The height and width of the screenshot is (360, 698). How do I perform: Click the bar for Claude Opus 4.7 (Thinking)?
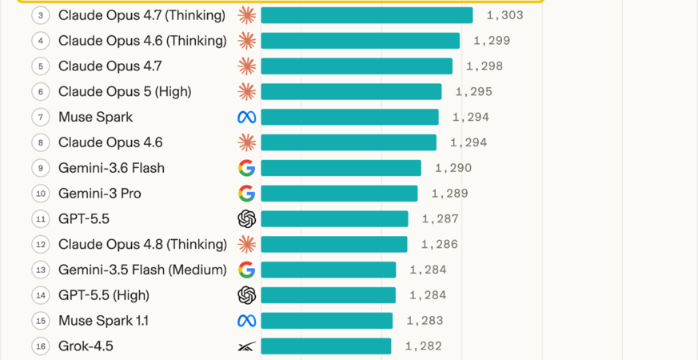tap(367, 15)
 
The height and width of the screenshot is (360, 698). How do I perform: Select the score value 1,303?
tap(505, 15)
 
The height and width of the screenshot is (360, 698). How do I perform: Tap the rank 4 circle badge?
tap(41, 41)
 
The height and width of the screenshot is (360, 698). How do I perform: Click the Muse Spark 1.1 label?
tap(103, 321)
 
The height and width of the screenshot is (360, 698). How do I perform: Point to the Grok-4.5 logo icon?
tap(246, 346)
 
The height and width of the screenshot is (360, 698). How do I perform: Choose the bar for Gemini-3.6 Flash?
tap(341, 168)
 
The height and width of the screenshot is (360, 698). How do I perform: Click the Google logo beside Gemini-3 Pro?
tap(246, 194)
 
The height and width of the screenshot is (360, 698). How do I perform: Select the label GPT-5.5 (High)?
tap(104, 295)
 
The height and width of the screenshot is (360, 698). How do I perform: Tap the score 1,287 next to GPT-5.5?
tap(441, 218)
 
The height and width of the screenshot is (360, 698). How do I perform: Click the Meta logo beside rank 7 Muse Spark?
tap(246, 117)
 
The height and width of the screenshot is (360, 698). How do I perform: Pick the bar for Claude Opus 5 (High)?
tap(351, 92)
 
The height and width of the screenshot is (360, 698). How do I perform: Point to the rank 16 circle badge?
tap(41, 346)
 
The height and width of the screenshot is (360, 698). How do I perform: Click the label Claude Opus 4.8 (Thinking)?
tap(142, 245)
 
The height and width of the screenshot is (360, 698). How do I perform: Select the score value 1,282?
tap(423, 346)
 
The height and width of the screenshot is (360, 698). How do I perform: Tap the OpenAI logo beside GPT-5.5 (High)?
tap(246, 295)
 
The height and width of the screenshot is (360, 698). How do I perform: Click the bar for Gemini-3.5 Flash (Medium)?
tap(328, 270)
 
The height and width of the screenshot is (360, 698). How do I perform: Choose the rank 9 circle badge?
tap(41, 168)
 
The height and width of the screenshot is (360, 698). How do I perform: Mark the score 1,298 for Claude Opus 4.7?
tap(485, 66)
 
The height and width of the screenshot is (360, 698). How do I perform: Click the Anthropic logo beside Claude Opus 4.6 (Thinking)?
tap(246, 41)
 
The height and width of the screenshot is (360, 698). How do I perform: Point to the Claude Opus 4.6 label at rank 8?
tap(110, 142)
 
